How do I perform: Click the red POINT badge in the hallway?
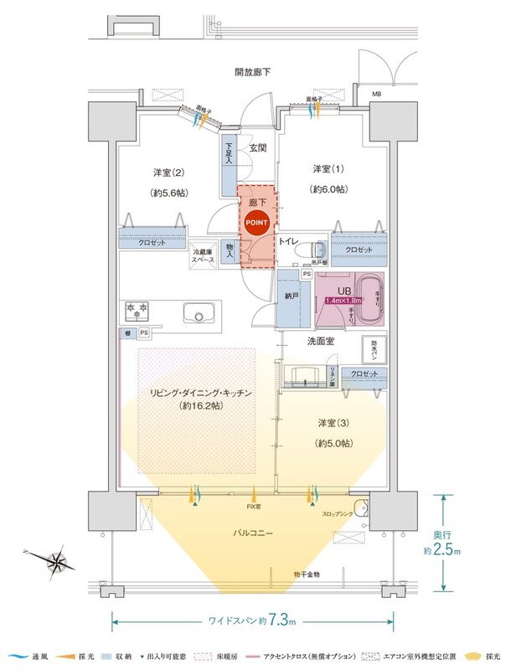pos(256,223)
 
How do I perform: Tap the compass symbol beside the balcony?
pos(57,559)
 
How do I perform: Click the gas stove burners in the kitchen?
pos(137,311)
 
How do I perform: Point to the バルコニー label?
pos(255,532)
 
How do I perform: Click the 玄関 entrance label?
pos(257,148)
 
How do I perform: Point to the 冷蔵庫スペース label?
pos(203,256)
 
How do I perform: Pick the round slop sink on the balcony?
pos(361,508)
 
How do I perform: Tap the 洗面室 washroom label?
pos(296,342)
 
